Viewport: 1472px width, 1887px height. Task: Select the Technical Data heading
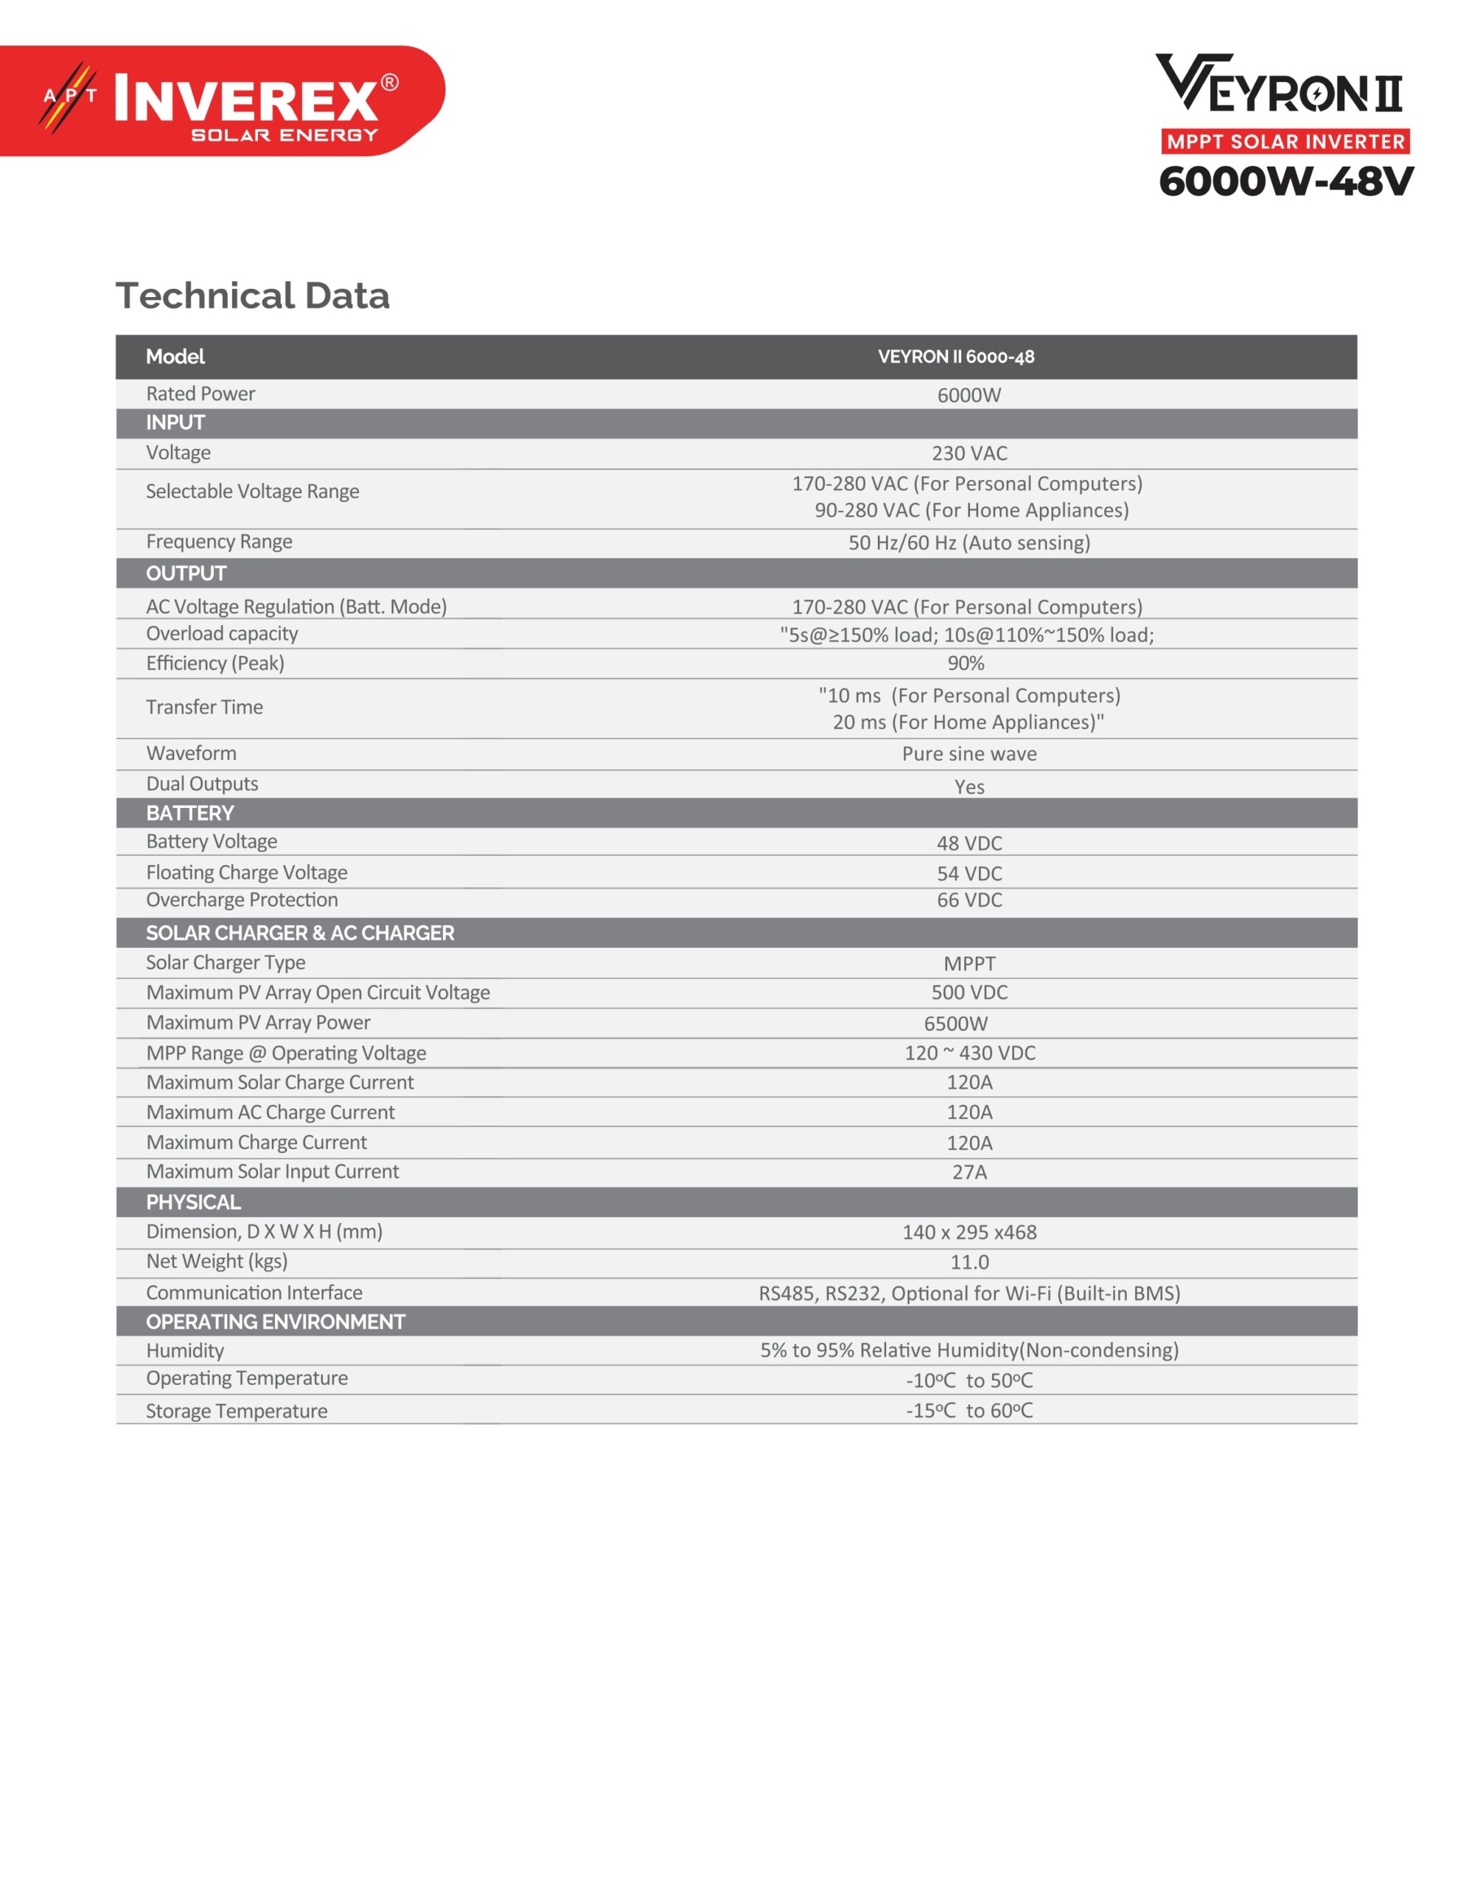point(252,296)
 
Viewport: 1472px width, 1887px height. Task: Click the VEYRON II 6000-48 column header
point(955,357)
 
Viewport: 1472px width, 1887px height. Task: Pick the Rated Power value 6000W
point(969,395)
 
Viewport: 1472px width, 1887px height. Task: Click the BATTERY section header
point(190,813)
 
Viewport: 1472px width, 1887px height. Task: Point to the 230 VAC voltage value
point(969,453)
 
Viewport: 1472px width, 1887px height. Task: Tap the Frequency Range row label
point(219,542)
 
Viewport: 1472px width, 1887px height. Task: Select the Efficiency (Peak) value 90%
point(966,663)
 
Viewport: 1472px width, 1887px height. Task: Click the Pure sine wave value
point(969,754)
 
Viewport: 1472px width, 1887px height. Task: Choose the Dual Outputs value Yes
point(969,787)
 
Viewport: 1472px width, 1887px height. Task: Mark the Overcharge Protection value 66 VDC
point(969,900)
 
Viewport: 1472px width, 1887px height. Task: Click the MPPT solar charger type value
point(969,964)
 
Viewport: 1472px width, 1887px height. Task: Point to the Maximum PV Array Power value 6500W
point(955,1024)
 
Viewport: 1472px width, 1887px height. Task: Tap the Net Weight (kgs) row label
point(217,1261)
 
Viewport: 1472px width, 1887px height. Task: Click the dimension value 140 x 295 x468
point(969,1233)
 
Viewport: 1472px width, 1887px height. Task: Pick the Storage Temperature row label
point(237,1411)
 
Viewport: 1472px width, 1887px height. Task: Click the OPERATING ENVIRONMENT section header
point(276,1322)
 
